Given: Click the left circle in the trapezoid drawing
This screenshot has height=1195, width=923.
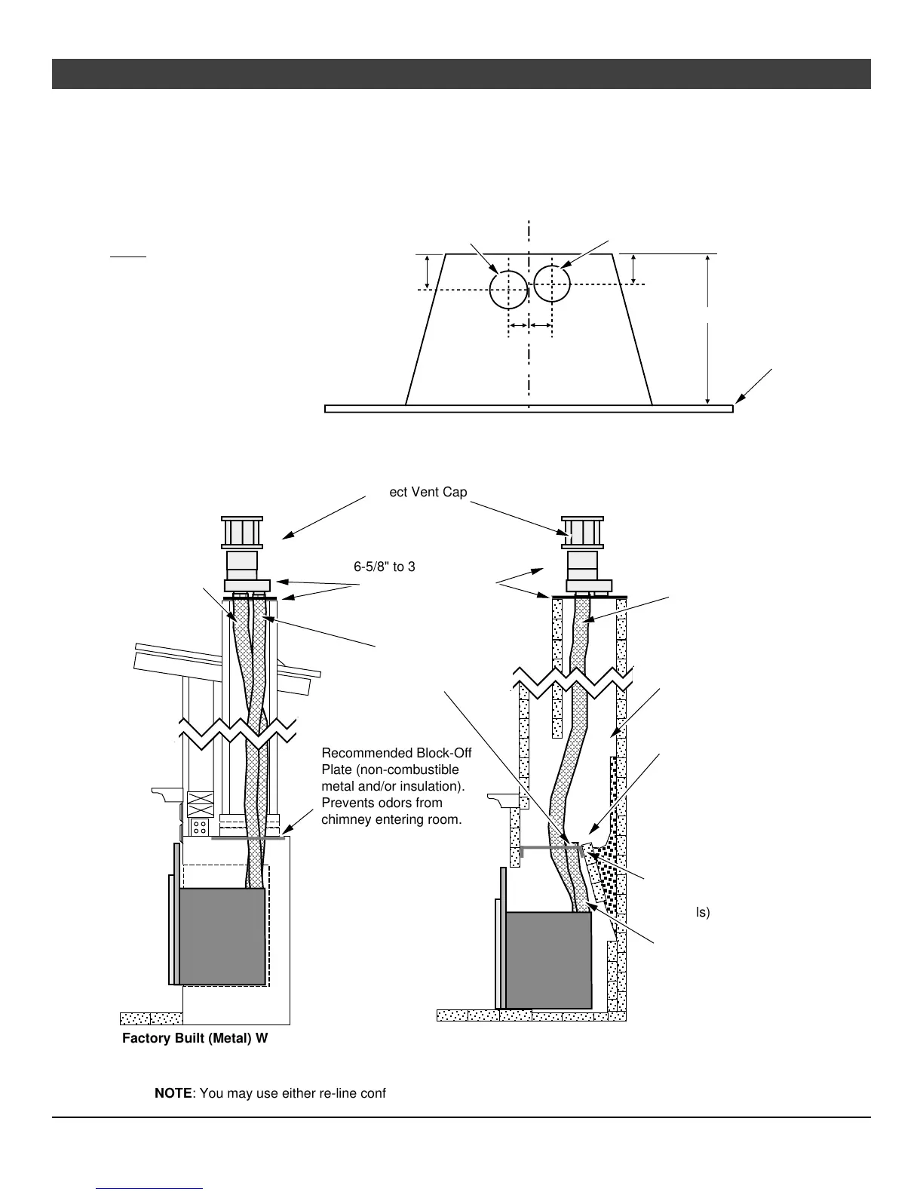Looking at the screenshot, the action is pyautogui.click(x=508, y=290).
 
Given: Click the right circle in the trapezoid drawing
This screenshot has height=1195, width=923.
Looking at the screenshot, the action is pyautogui.click(x=552, y=284).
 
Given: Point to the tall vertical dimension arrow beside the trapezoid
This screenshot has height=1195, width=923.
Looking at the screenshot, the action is pyautogui.click(x=707, y=330).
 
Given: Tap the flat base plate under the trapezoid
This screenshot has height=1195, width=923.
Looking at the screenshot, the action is pyautogui.click(x=529, y=409).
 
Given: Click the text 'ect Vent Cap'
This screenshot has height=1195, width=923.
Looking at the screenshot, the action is pyautogui.click(x=428, y=492).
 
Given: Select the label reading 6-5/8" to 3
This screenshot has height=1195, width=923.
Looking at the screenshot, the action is pyautogui.click(x=385, y=567).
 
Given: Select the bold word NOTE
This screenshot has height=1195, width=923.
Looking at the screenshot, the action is pyautogui.click(x=173, y=1093).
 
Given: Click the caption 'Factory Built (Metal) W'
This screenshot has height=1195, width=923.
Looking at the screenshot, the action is pyautogui.click(x=195, y=1039).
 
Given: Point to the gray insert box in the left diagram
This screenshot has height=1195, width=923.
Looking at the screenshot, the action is pyautogui.click(x=222, y=935).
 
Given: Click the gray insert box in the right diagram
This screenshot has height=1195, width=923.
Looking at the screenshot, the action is pyautogui.click(x=548, y=960).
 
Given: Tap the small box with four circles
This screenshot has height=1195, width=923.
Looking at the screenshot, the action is pyautogui.click(x=200, y=827).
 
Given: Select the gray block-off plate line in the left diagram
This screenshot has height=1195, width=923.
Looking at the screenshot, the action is pyautogui.click(x=248, y=837).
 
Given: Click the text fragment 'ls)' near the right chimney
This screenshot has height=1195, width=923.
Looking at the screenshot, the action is pyautogui.click(x=702, y=912).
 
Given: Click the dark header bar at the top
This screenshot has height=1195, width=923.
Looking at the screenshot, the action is pyautogui.click(x=461, y=74).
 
